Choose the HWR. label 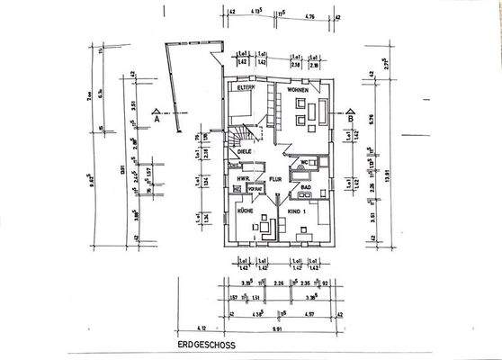pyautogui.click(x=241, y=179)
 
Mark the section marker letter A pyautogui.click(x=157, y=118)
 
